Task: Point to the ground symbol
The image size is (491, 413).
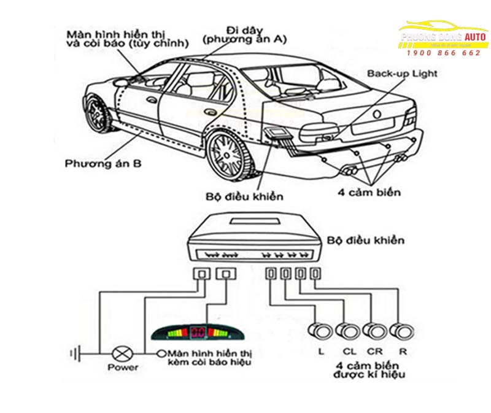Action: point(76,353)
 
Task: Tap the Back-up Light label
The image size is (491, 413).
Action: point(402,74)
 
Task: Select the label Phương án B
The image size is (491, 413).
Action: point(95,163)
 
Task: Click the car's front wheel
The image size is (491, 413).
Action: point(96,114)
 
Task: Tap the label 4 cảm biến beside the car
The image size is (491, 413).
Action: point(369,192)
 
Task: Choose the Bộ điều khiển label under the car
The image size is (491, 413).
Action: point(245,196)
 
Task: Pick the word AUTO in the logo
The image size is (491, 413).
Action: point(476,37)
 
